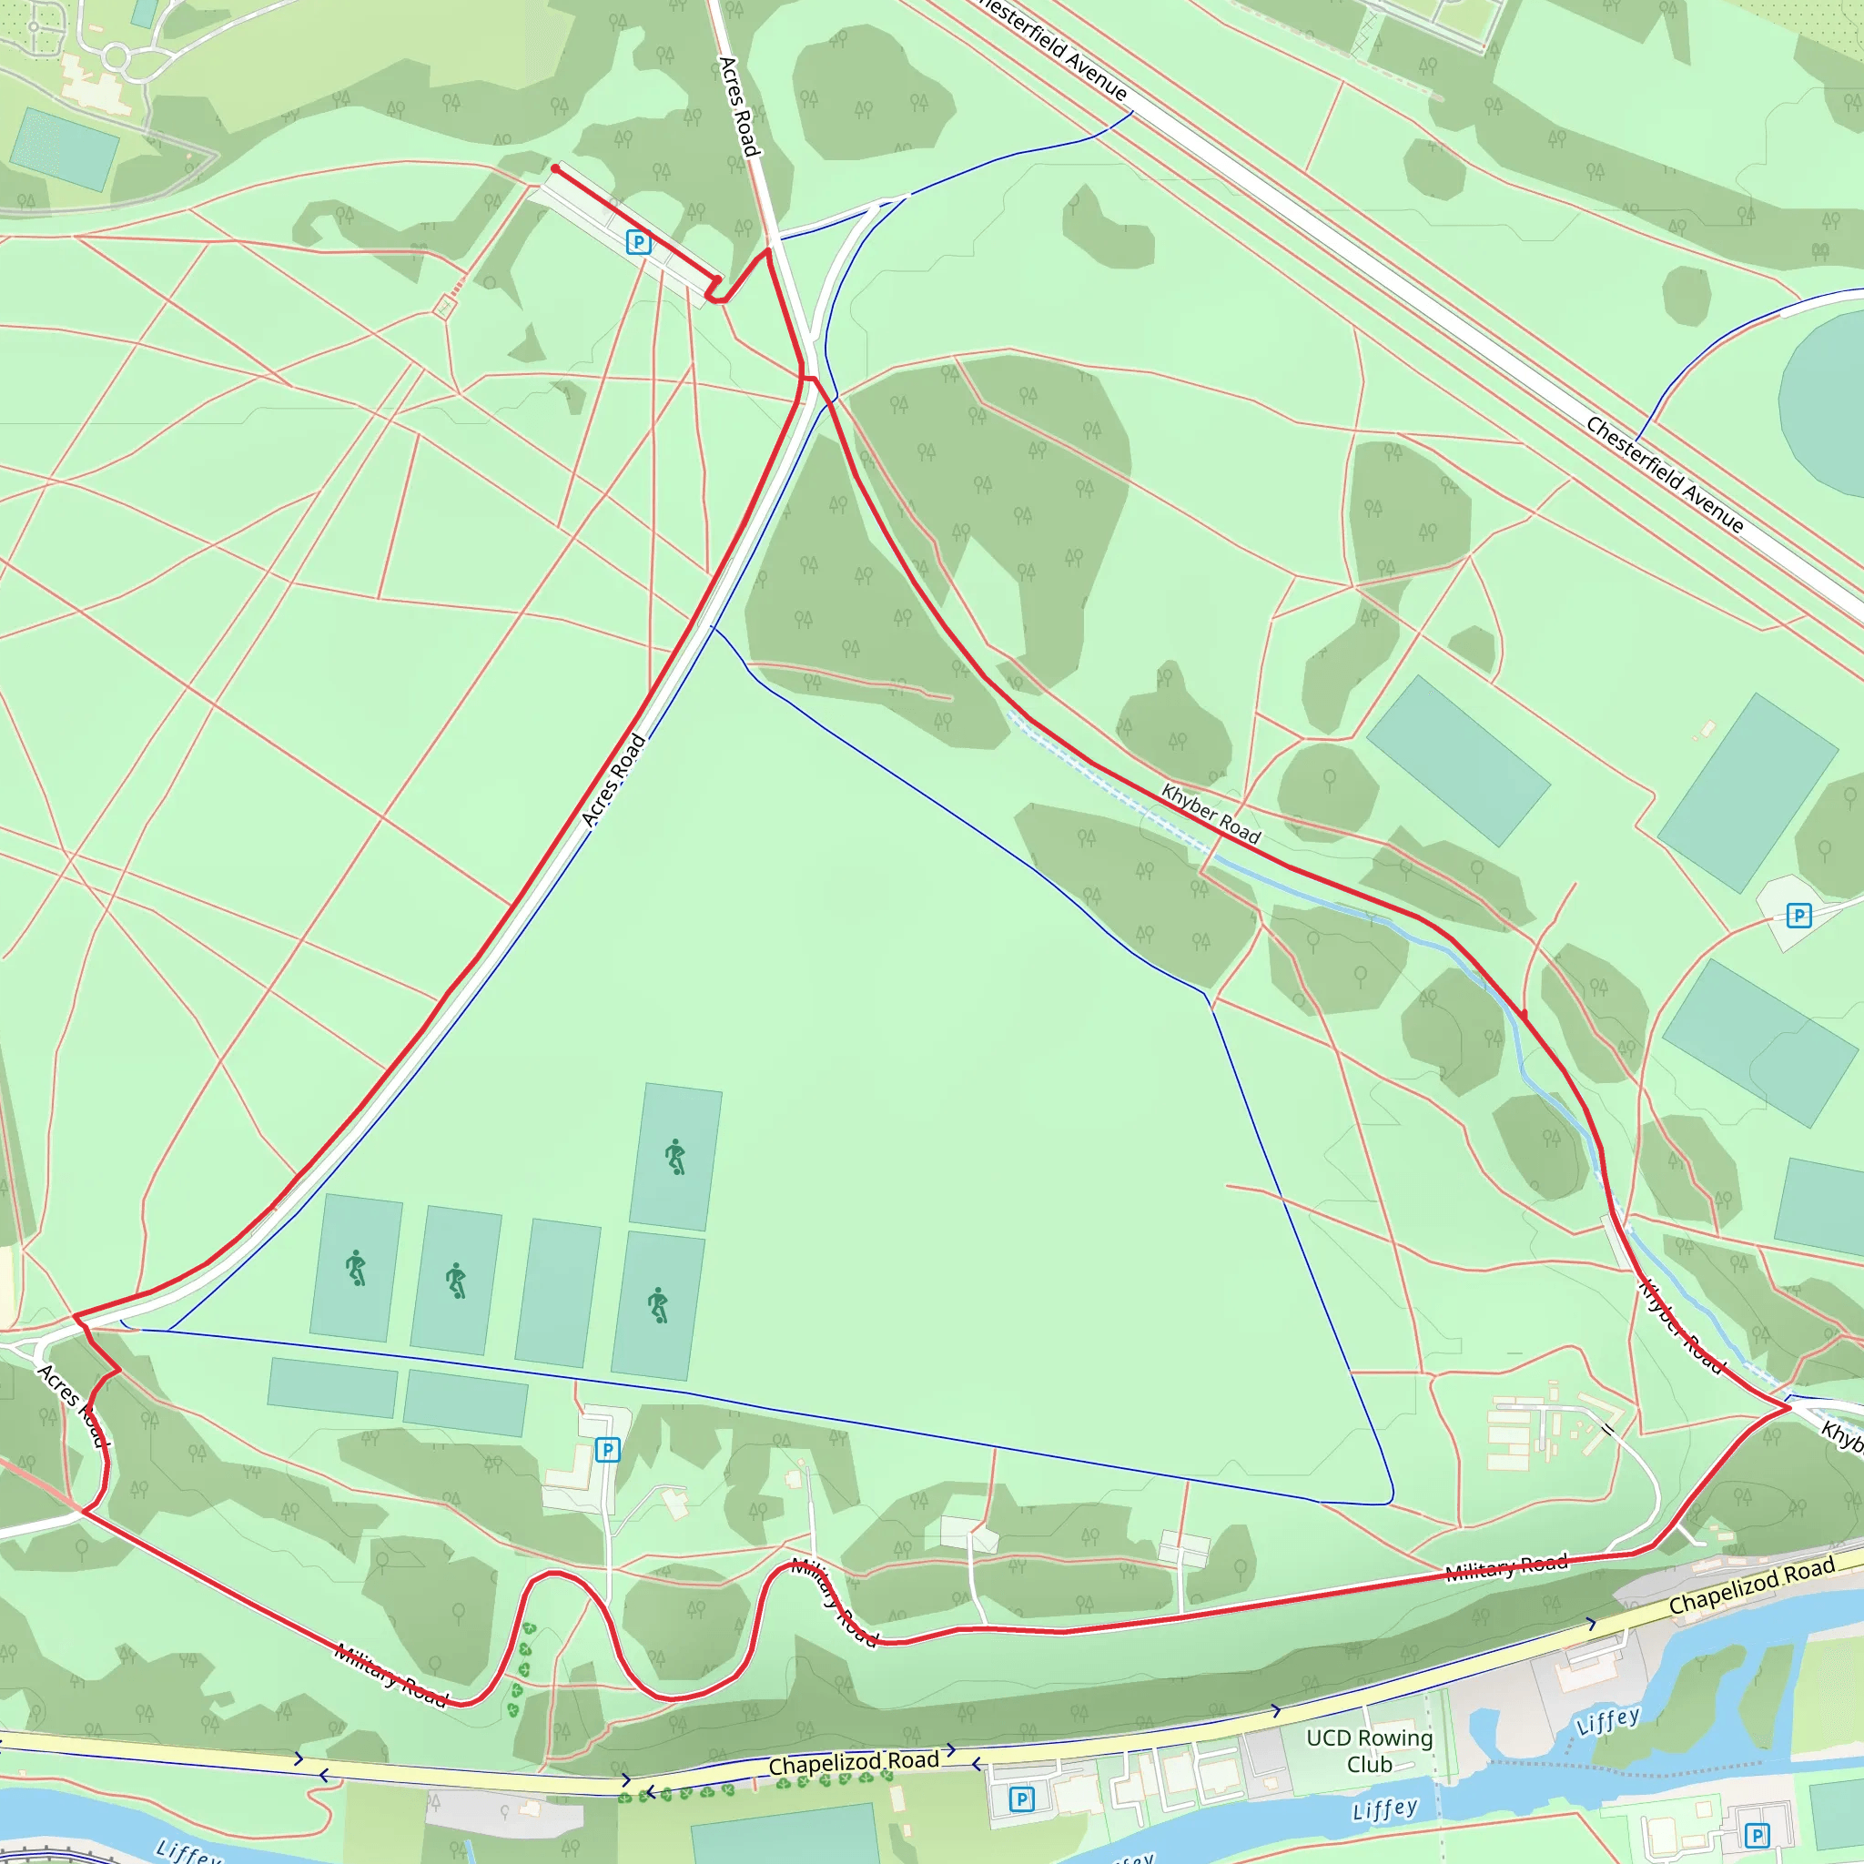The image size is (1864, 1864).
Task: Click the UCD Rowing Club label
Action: click(1369, 1751)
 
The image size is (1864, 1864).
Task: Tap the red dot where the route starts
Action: click(556, 169)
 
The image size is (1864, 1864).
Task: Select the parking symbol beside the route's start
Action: click(638, 241)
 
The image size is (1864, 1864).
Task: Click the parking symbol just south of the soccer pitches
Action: click(607, 1449)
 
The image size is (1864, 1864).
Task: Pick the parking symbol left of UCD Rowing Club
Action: click(1021, 1798)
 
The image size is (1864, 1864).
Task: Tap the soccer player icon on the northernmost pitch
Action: click(676, 1156)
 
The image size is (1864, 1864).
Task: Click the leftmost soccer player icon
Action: click(357, 1268)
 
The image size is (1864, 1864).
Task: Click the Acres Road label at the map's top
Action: click(740, 106)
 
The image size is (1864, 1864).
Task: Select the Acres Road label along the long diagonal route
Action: click(613, 780)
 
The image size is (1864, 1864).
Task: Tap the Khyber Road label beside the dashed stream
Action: click(1211, 814)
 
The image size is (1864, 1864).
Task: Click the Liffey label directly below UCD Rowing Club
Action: click(1384, 1809)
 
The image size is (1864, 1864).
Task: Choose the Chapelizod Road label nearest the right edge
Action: click(1751, 1585)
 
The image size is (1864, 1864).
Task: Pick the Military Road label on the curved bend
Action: click(835, 1603)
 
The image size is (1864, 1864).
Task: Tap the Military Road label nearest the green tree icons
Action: click(390, 1674)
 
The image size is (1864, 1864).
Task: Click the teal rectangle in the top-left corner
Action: click(64, 148)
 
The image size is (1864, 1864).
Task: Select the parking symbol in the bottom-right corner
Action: click(1757, 1835)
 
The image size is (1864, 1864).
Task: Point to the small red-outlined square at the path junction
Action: click(443, 307)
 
